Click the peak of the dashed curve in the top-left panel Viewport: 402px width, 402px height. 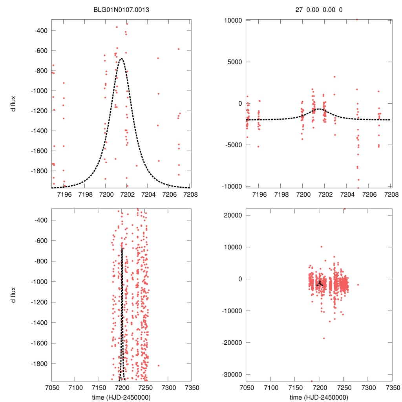121,58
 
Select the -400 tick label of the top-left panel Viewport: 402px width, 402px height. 41,31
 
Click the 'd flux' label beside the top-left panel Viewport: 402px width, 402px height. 13,104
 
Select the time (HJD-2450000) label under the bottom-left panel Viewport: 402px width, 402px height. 121,397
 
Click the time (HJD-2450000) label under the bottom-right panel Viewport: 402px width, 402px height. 319,397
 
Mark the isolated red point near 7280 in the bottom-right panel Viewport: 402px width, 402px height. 358,285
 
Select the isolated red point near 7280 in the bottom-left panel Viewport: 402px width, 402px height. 159,365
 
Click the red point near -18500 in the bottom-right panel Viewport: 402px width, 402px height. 324,338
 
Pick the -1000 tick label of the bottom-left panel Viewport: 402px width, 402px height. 39,281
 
